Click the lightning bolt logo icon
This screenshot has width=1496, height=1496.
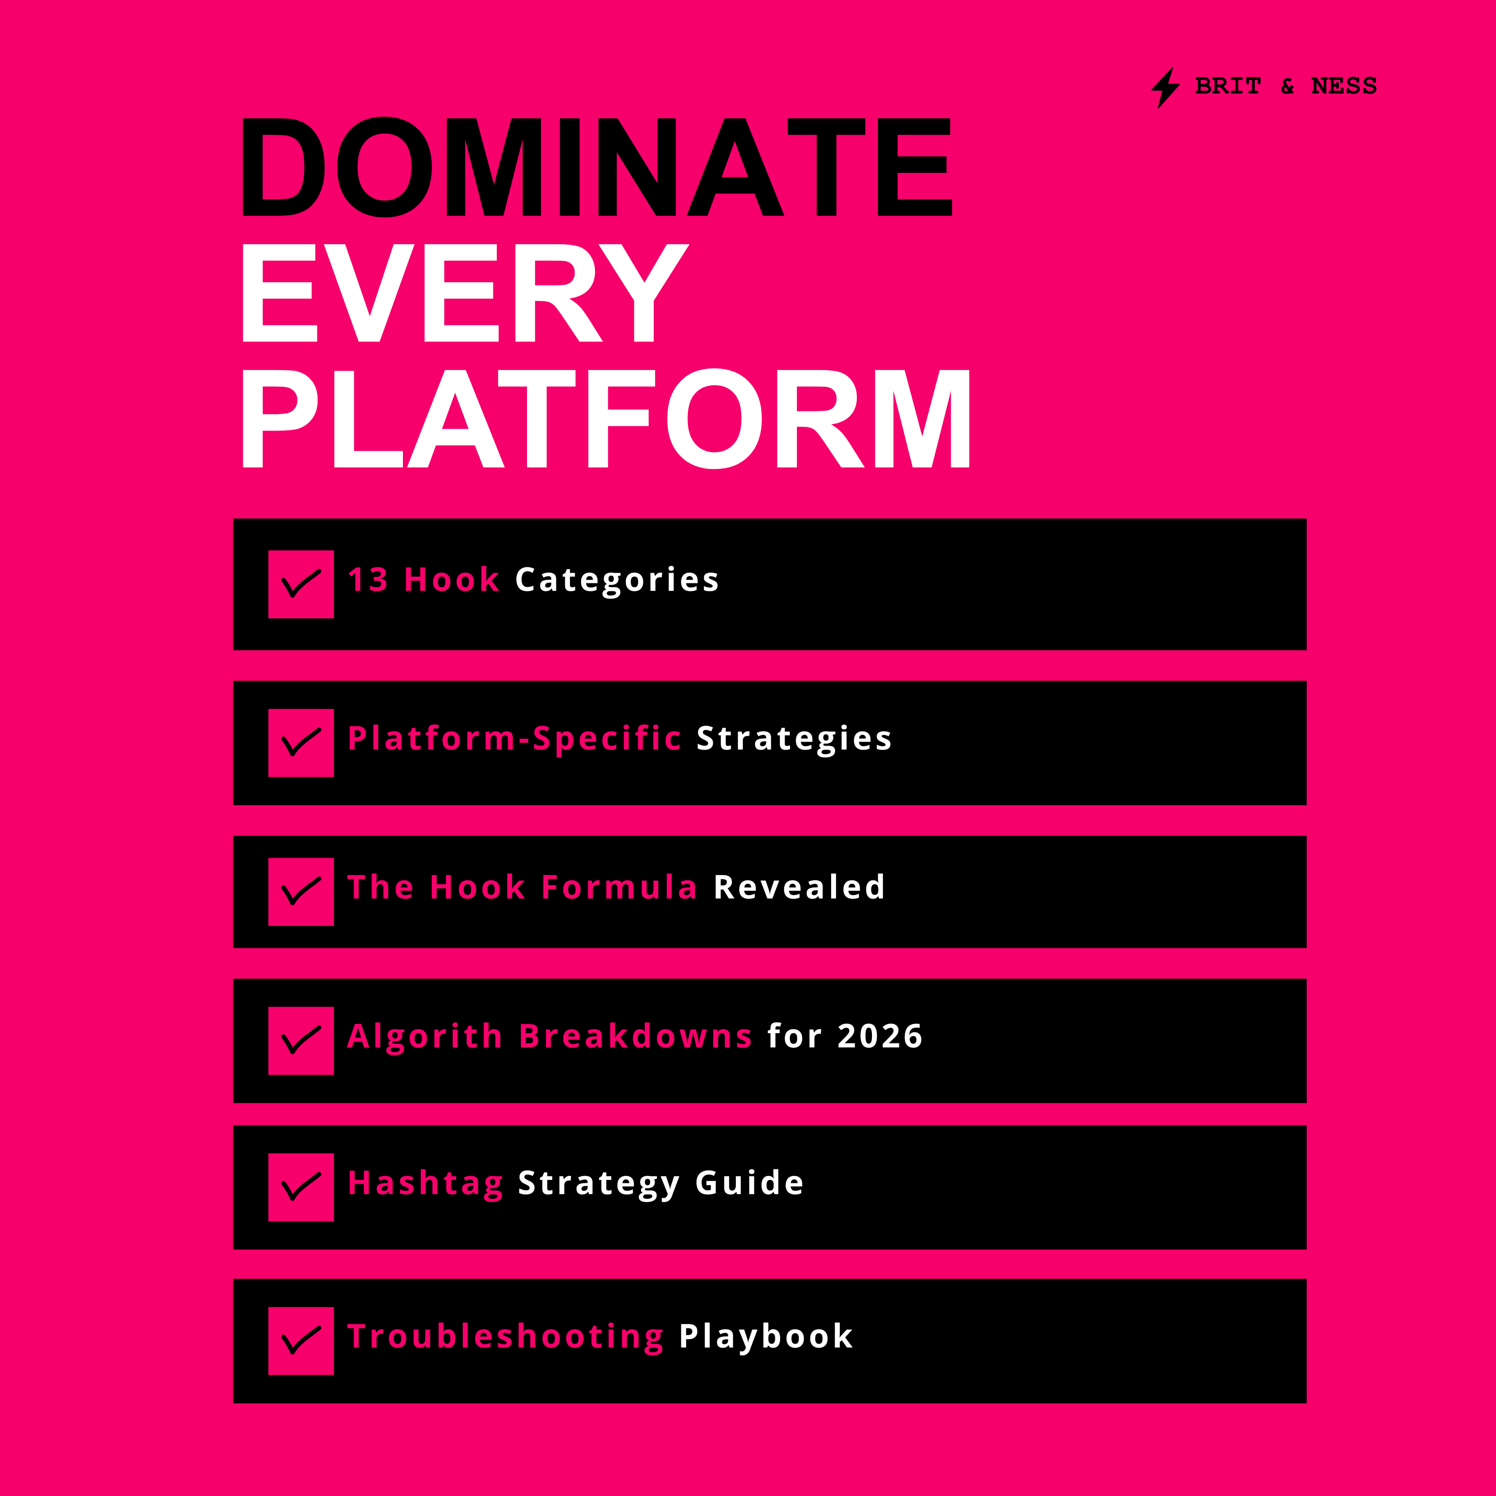point(1165,87)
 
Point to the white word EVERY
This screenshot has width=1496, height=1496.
point(465,292)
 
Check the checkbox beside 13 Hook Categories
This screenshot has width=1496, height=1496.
point(301,585)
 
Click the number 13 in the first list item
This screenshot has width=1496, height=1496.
point(368,580)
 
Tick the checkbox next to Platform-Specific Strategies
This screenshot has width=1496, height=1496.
point(301,742)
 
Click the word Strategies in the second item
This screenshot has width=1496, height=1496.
point(794,739)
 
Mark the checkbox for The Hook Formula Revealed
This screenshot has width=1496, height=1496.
point(301,891)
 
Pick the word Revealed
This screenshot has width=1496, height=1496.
point(799,887)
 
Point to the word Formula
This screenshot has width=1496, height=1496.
point(620,887)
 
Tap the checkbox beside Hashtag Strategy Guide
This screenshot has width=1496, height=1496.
point(301,1187)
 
